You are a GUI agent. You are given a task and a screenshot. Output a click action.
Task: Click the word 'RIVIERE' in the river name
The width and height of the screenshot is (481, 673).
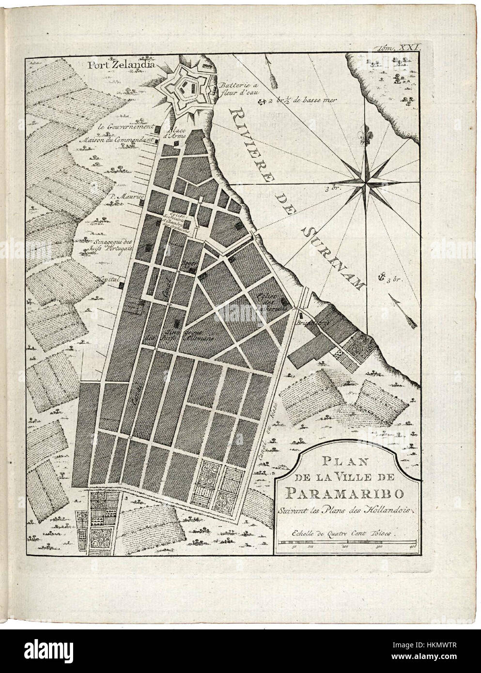(256, 146)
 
